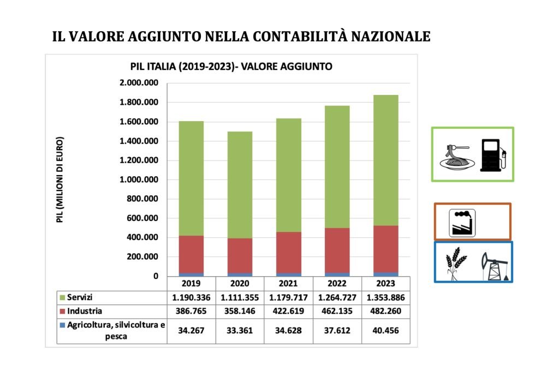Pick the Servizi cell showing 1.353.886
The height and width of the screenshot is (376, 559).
(385, 297)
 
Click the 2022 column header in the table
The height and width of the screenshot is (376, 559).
(337, 284)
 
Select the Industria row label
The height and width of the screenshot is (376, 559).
(85, 312)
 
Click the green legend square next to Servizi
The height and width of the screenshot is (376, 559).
(62, 297)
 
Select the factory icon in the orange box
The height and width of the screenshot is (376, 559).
(462, 223)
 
